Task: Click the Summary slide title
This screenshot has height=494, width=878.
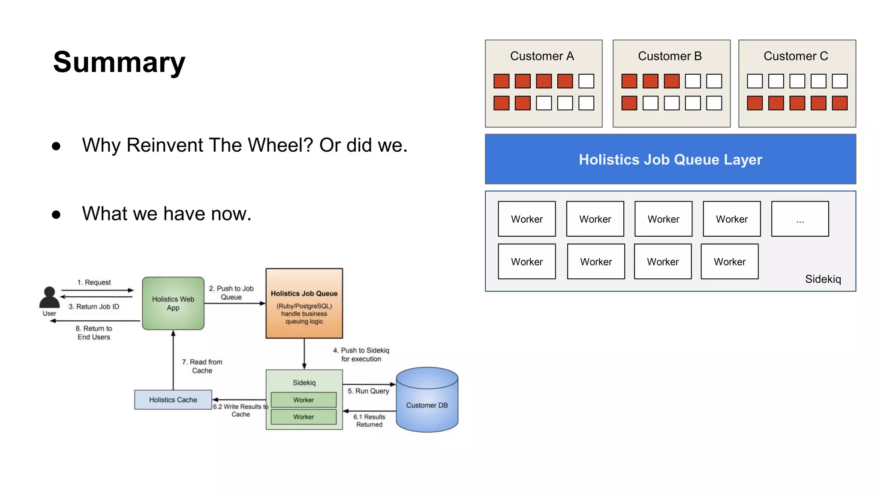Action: click(119, 62)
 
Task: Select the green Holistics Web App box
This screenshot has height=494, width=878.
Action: click(173, 303)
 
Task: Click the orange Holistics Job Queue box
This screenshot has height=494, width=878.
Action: click(304, 303)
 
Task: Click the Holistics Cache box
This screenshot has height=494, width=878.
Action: click(173, 400)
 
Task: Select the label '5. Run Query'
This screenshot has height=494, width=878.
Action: click(368, 391)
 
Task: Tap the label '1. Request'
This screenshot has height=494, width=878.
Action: click(94, 282)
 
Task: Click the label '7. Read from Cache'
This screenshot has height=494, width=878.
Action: click(202, 366)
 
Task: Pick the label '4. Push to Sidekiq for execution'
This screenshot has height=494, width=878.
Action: click(361, 355)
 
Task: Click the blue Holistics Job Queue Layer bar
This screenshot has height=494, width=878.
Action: click(670, 160)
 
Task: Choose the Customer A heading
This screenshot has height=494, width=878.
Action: click(542, 56)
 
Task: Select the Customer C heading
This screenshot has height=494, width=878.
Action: click(796, 56)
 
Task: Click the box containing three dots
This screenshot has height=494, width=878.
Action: click(800, 219)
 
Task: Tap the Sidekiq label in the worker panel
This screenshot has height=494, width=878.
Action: click(823, 279)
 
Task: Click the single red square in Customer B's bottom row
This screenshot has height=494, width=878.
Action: click(629, 103)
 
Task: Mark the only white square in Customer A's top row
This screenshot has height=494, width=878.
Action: click(586, 81)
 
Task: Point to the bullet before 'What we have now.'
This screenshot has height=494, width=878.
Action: click(56, 214)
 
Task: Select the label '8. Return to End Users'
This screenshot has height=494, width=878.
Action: click(94, 333)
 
